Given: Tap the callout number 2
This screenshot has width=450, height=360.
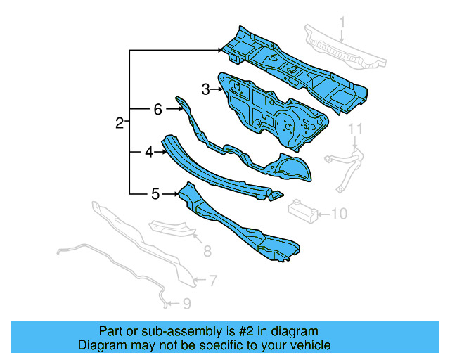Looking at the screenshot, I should pyautogui.click(x=120, y=124).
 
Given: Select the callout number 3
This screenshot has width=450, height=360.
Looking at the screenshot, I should pyautogui.click(x=205, y=89).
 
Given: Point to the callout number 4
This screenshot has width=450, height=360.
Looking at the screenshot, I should pyautogui.click(x=149, y=151).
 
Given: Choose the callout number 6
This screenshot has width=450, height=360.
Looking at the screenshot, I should pyautogui.click(x=157, y=109).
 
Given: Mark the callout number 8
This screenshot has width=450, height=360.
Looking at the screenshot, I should pyautogui.click(x=207, y=251).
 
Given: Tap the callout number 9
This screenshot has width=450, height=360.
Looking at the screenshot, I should pyautogui.click(x=186, y=304).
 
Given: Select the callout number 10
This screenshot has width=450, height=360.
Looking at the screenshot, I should pyautogui.click(x=339, y=212).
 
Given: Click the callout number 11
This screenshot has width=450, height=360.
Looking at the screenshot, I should pyautogui.click(x=355, y=128).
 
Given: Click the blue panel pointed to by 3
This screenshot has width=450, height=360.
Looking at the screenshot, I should pyautogui.click(x=274, y=112).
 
